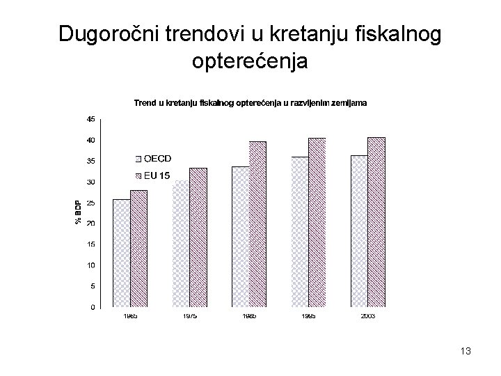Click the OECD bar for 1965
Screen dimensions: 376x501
(x=121, y=253)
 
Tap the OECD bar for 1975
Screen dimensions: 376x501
(x=181, y=244)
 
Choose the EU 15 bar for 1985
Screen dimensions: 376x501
(x=258, y=224)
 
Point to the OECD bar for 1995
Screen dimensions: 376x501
(x=300, y=232)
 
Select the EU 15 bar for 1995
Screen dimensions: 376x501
(x=317, y=222)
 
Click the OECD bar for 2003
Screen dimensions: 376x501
(x=360, y=231)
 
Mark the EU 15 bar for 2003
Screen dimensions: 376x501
(x=376, y=222)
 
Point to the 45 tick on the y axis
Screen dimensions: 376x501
(x=91, y=119)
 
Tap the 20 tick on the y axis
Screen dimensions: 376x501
(x=91, y=224)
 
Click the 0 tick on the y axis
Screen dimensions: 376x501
(x=93, y=307)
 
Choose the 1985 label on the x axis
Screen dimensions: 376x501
(x=249, y=316)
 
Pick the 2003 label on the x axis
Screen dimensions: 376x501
(x=368, y=316)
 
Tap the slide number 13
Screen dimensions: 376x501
(x=466, y=352)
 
